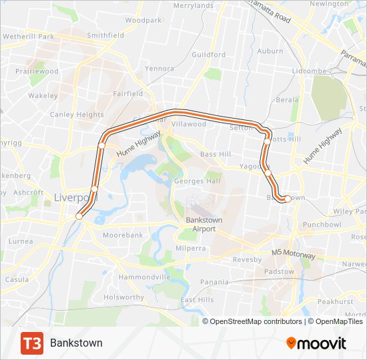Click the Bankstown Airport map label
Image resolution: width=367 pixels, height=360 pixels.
pos(200,224)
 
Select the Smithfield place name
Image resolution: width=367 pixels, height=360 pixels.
pos(105,35)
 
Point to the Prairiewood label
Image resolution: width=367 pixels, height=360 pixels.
pos(37,71)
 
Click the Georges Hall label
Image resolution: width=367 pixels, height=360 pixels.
pos(197,181)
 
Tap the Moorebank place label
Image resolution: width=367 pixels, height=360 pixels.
pos(123,235)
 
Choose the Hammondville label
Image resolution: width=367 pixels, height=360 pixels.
pos(143,277)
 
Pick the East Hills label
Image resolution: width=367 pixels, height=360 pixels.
pos(197,300)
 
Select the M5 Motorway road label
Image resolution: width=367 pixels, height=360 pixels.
pos(293,253)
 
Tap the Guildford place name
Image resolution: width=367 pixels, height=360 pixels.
pos(208,55)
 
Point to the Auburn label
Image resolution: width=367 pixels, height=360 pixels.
pos(270,51)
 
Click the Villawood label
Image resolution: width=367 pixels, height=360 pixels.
pos(189,124)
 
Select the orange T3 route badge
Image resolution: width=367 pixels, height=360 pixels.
pos(32,343)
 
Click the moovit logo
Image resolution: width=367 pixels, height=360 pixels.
pos(316,343)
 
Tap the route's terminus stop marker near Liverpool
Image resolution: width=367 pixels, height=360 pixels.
pos(79,215)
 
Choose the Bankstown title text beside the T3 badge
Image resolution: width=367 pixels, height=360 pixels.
pos(76,343)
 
